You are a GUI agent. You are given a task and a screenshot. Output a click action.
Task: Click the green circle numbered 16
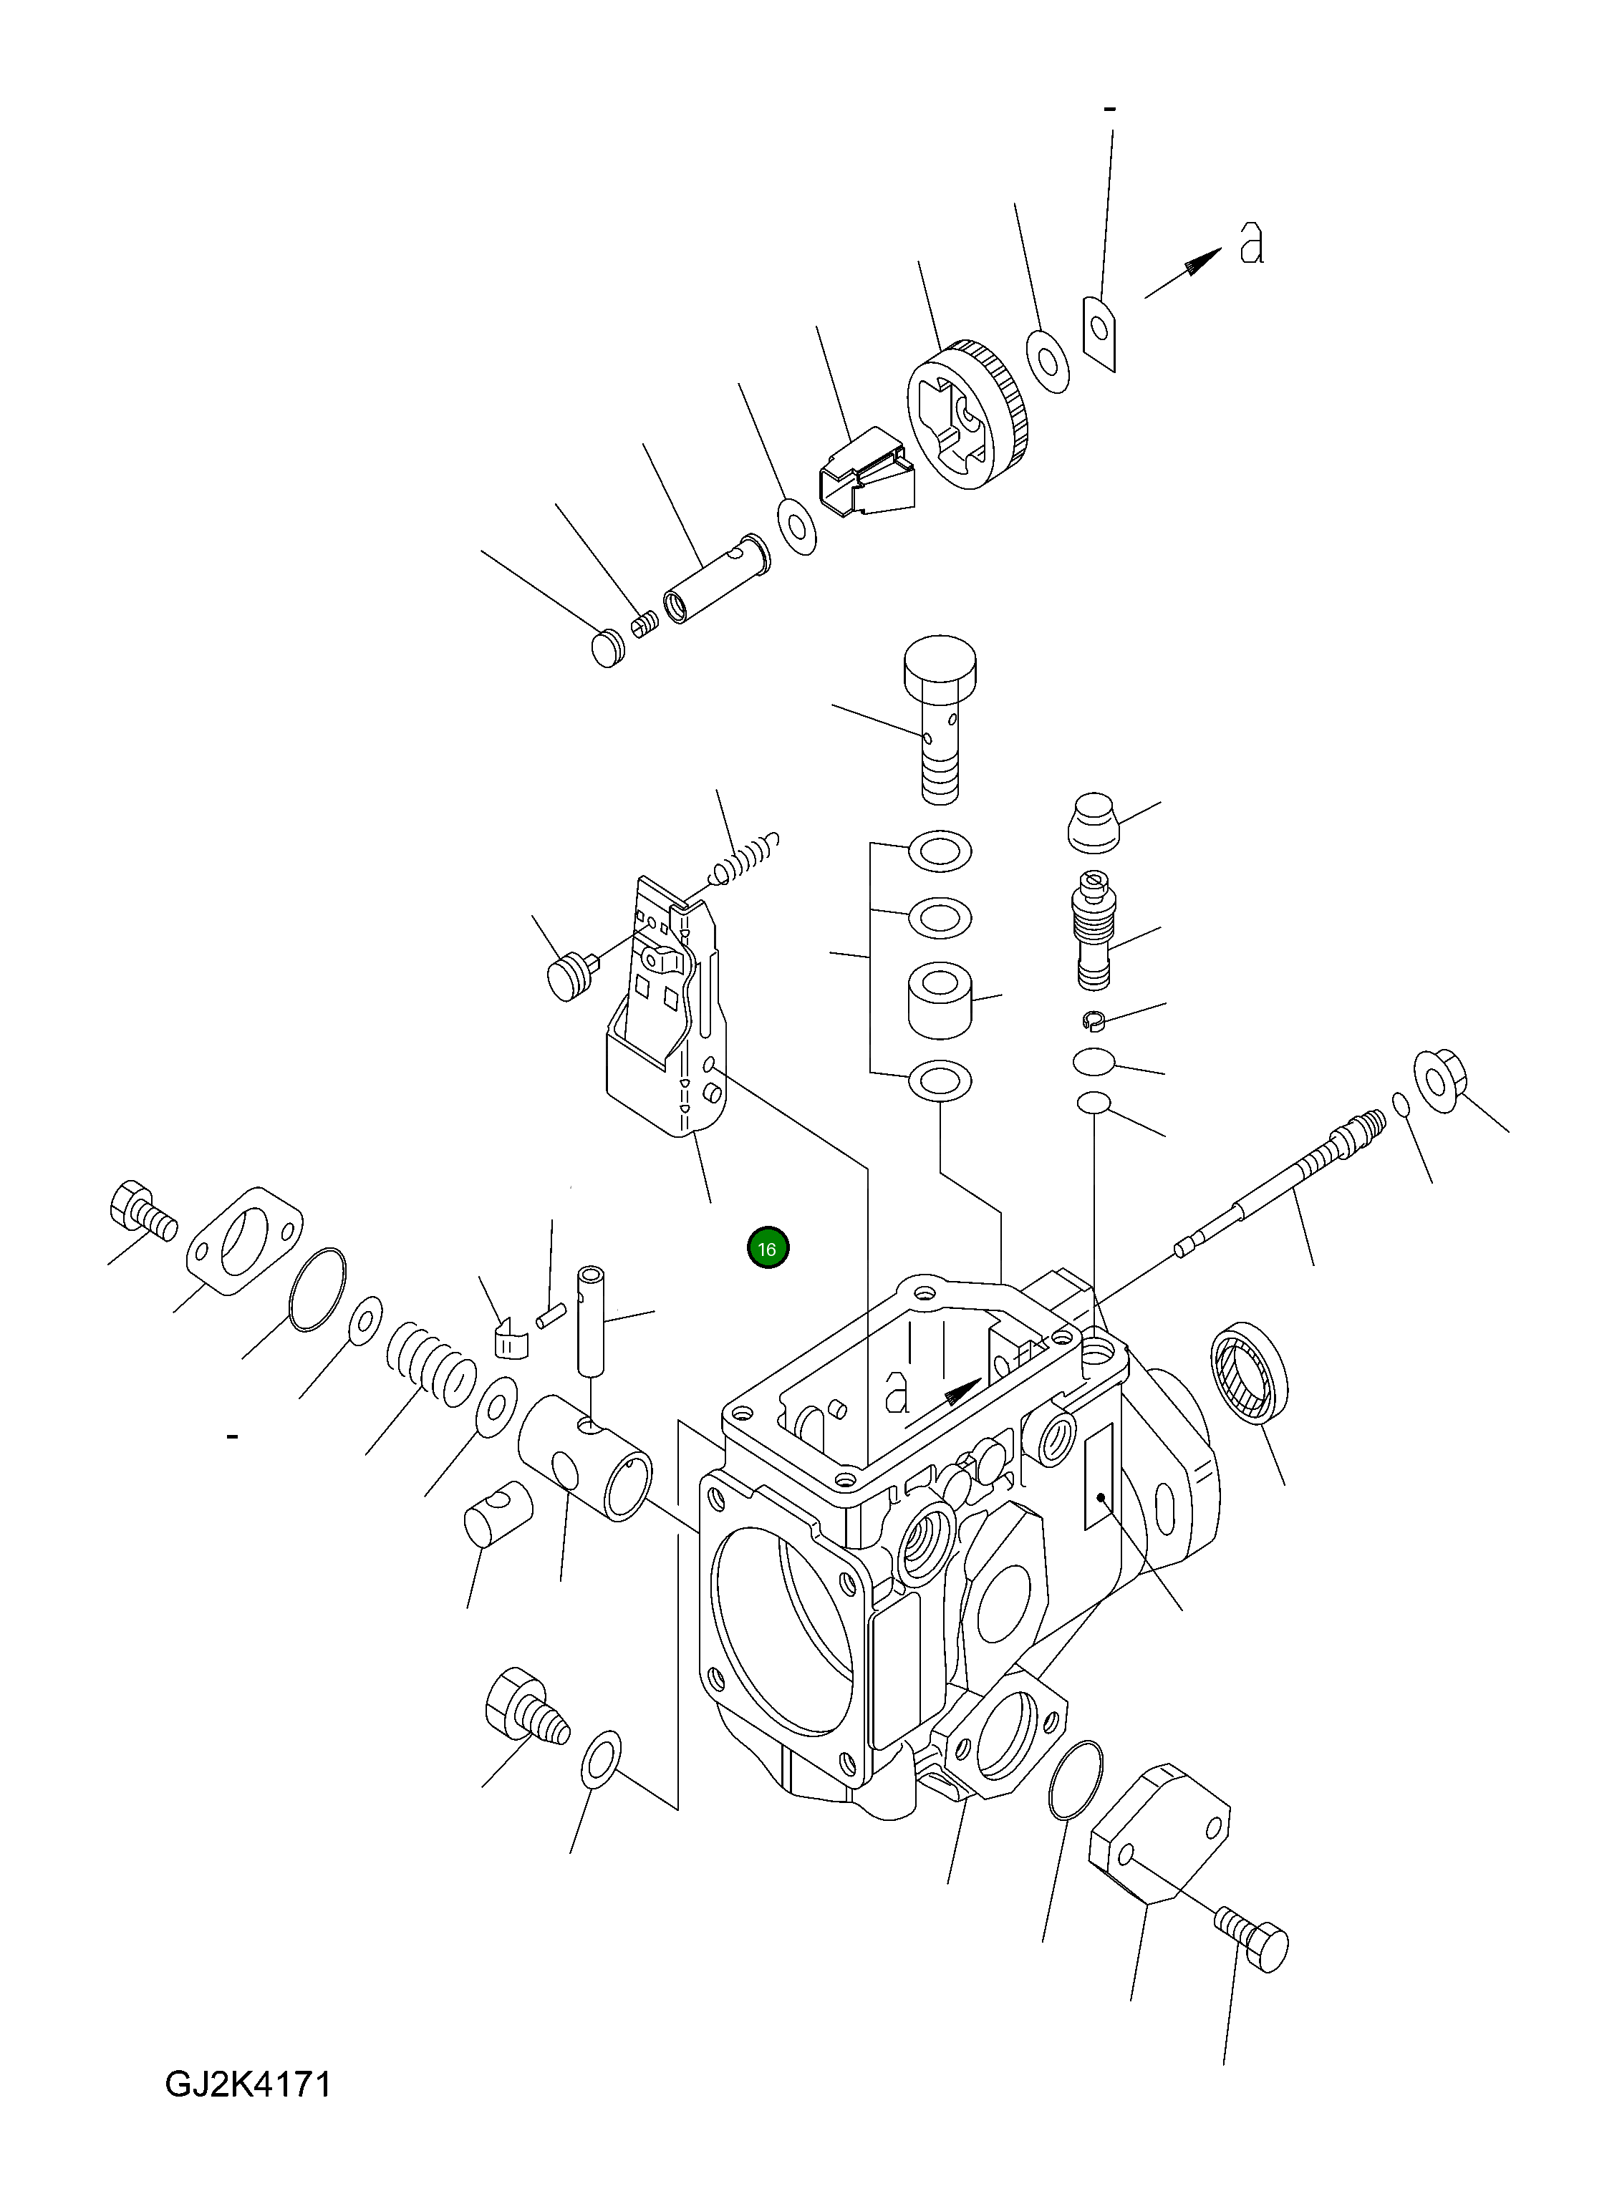pyautogui.click(x=768, y=1249)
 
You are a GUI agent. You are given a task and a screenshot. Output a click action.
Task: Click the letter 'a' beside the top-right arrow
pyautogui.click(x=1251, y=243)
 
